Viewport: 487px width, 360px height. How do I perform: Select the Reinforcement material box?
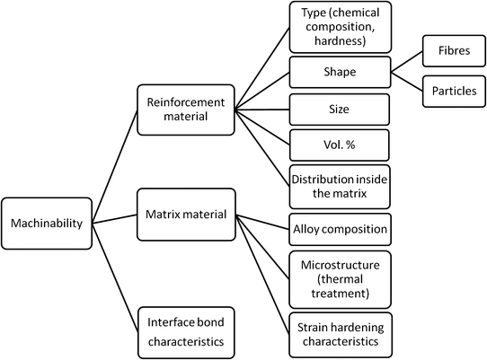click(185, 109)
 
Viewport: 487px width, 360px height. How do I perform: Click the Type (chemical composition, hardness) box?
click(339, 27)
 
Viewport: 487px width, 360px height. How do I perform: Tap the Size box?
click(339, 109)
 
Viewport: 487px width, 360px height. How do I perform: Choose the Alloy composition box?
click(339, 229)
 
